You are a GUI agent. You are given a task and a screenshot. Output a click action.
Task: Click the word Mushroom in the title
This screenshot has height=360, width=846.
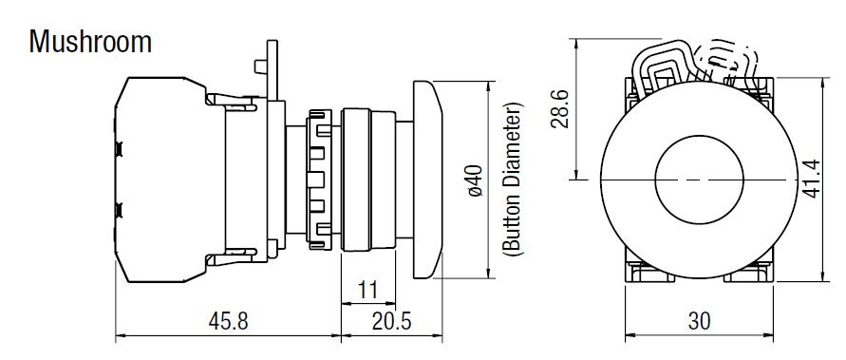(x=90, y=42)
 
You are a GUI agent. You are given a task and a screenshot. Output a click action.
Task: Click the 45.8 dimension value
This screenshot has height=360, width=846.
(x=228, y=321)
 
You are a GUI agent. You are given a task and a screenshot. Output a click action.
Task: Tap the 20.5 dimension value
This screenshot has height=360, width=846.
(x=391, y=321)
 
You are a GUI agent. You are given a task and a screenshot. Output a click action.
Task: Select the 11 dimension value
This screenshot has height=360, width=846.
(x=368, y=290)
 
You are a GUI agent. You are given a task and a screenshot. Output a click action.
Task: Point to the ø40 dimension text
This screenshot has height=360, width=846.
(x=476, y=180)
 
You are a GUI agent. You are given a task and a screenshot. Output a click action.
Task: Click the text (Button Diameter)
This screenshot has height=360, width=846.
(x=513, y=179)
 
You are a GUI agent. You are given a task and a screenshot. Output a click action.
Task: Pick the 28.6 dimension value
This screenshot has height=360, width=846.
(x=561, y=108)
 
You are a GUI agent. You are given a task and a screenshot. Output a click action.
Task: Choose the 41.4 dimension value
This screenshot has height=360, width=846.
(x=812, y=179)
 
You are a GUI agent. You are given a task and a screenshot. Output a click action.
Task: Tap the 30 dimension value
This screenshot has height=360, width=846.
(x=699, y=321)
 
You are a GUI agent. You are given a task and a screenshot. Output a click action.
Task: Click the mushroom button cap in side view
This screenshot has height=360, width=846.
(x=428, y=180)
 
